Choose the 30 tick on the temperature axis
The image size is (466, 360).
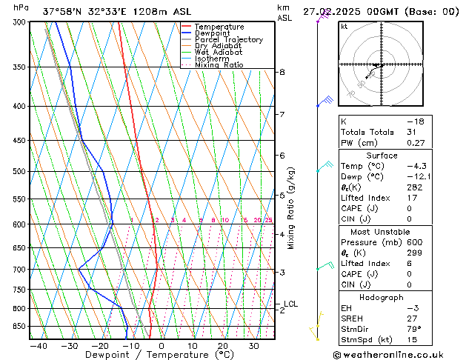[x=253, y=346]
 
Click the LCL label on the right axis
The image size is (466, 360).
[x=290, y=304]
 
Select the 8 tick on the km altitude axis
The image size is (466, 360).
[x=282, y=72]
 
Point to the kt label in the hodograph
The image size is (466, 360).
[x=344, y=27]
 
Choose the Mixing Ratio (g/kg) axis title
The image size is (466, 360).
[x=292, y=208]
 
